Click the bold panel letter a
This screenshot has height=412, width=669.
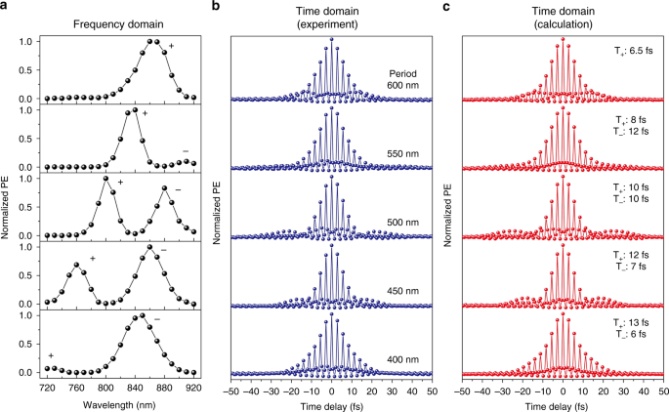coord(5,7)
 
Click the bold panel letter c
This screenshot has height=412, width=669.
coord(447,7)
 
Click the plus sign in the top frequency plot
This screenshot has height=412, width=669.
coord(172,47)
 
